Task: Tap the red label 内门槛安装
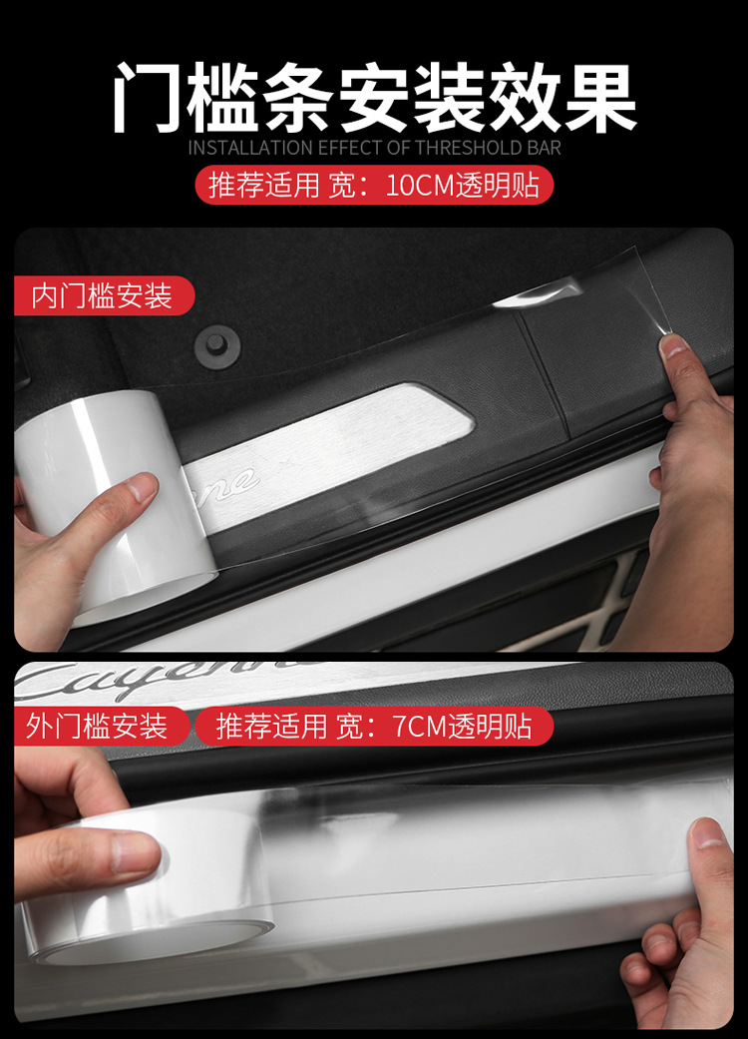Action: tap(103, 296)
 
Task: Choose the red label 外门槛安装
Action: tap(98, 726)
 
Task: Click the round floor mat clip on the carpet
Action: tap(215, 344)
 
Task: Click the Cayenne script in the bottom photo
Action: tap(160, 681)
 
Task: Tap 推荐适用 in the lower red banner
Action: tap(271, 726)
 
